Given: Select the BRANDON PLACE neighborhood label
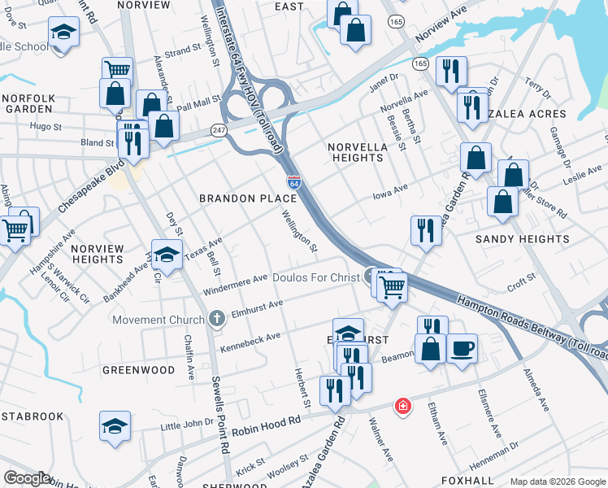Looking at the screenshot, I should pos(249,198).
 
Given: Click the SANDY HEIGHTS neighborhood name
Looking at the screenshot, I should pos(522,239).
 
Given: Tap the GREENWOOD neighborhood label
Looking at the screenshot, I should pos(138,370).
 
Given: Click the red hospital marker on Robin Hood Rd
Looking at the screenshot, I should pos(402,406).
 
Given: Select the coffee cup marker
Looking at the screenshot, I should pos(462,348).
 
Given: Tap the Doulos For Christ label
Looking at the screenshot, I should pos(315,277).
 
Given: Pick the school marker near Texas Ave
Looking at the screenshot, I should pos(167,255).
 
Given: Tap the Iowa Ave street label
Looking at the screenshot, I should pos(389,190).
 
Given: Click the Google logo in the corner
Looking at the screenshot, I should pos(27,478).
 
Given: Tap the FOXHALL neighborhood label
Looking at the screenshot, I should pos(467,480).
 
